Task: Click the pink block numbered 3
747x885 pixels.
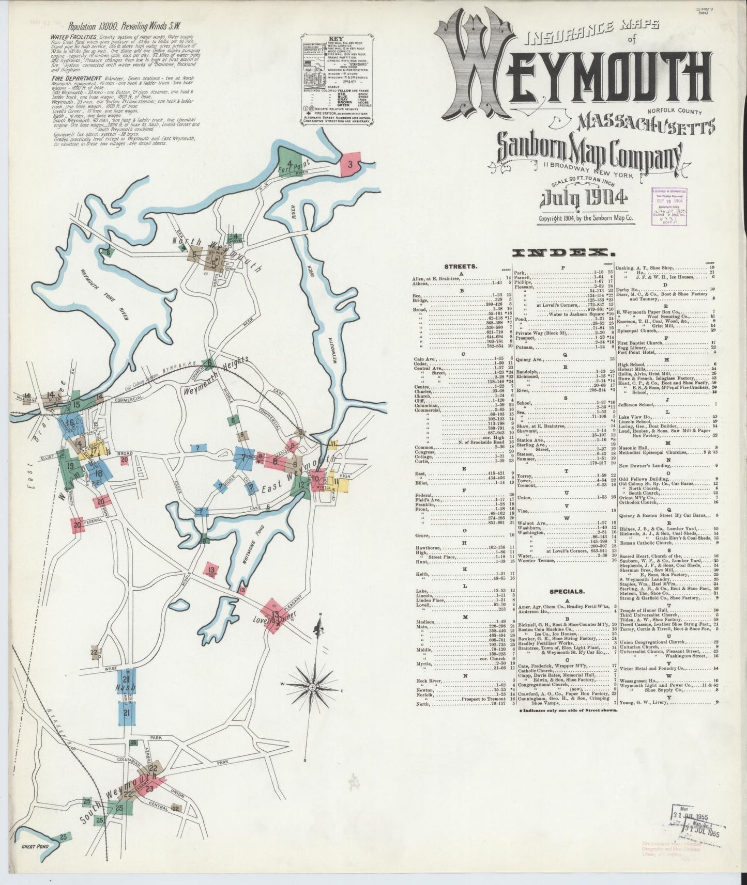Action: click(351, 165)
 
